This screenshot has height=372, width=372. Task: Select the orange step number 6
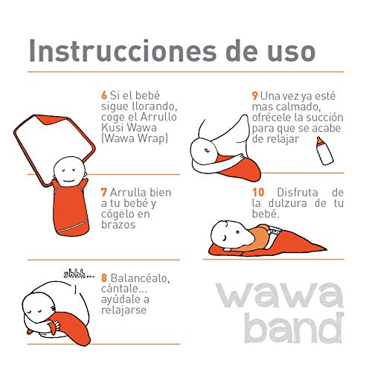[x=104, y=97]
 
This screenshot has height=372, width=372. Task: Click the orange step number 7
[x=103, y=193]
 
